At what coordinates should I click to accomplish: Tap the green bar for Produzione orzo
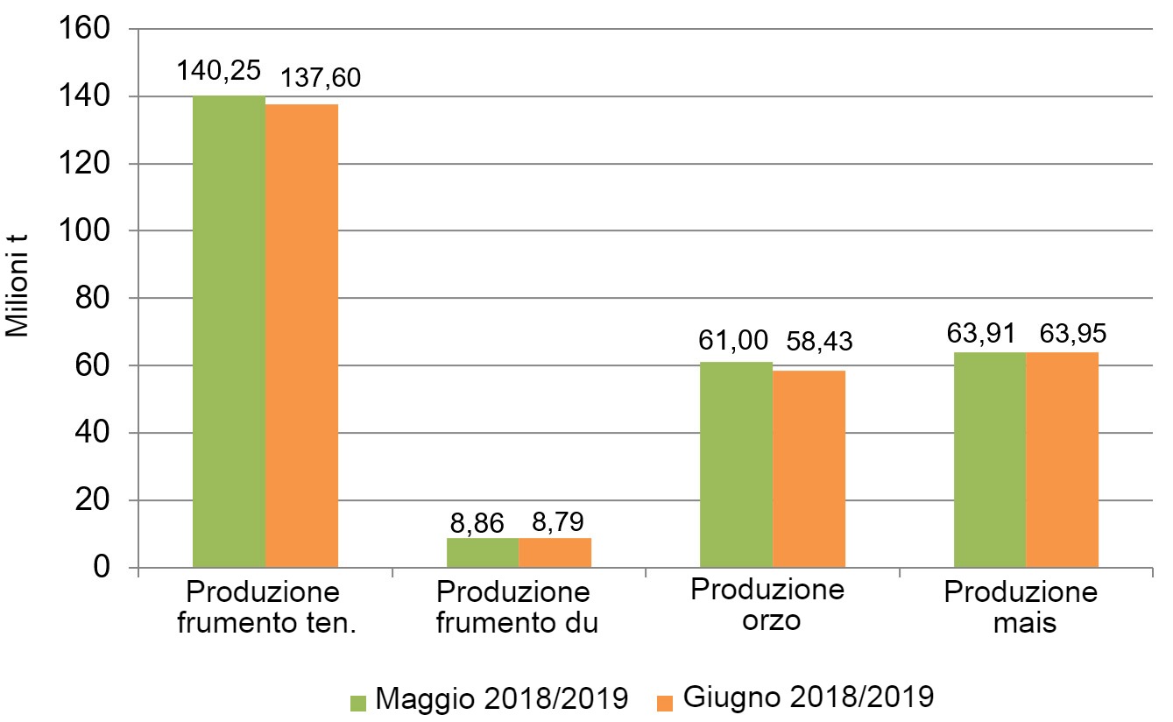tap(736, 464)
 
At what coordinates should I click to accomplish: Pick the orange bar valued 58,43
tap(809, 469)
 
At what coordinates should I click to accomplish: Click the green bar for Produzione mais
tap(989, 460)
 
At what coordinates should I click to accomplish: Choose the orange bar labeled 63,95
tap(1062, 460)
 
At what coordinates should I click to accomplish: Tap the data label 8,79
tap(557, 523)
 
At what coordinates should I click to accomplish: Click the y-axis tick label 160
tap(84, 30)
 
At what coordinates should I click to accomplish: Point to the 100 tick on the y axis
tap(84, 231)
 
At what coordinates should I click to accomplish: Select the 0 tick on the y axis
tap(103, 569)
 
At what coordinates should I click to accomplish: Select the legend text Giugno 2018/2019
tap(808, 698)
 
